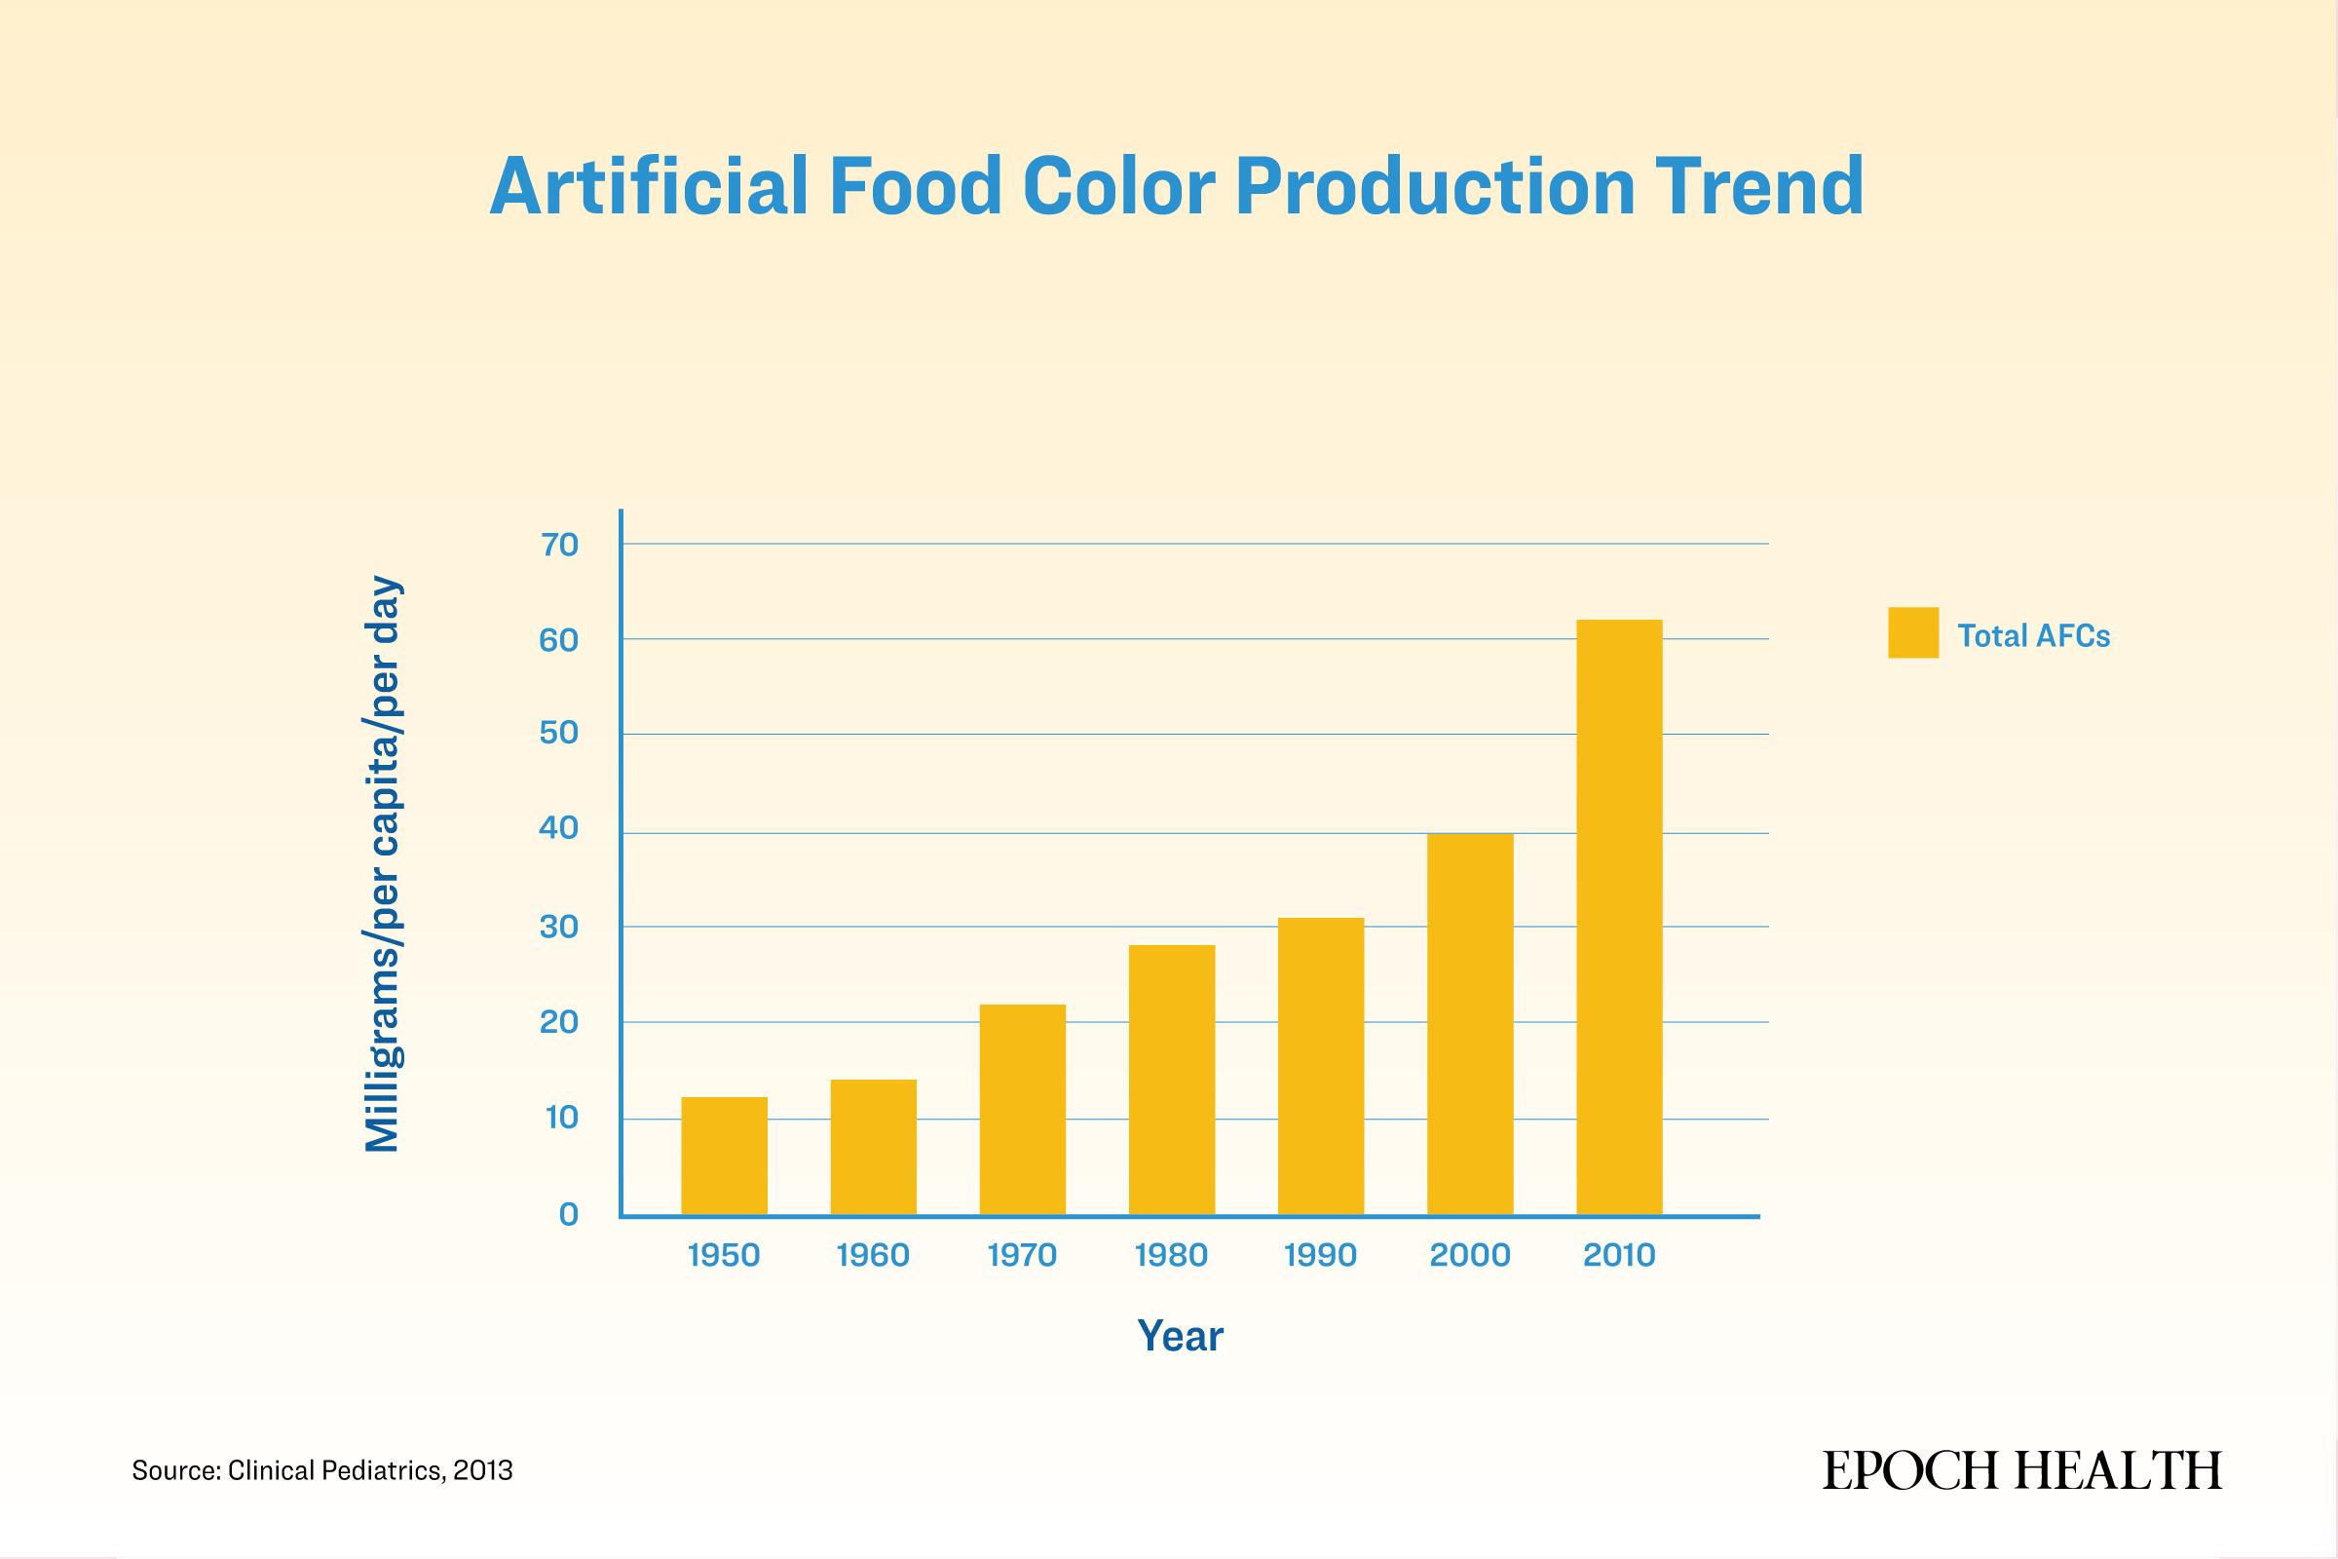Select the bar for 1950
point(724,1156)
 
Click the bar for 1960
point(873,1147)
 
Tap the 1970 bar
point(1022,1110)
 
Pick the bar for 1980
point(1171,1080)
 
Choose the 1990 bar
point(1320,1066)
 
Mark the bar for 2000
point(1470,1024)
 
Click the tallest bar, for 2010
point(1619,917)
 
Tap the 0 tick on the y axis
point(569,1214)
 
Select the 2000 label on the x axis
point(1470,1255)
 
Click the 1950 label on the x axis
point(724,1255)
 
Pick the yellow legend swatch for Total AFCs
point(1913,632)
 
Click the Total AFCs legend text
point(2034,635)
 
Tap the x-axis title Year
point(1180,1336)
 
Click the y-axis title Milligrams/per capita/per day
point(383,865)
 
